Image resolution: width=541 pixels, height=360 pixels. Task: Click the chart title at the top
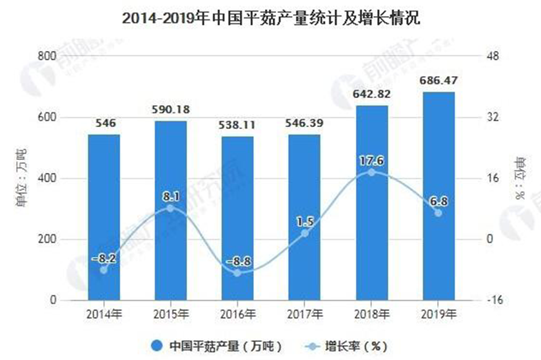(x=271, y=18)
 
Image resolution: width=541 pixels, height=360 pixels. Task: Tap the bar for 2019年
(x=438, y=196)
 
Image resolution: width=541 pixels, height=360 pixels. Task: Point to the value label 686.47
(x=438, y=81)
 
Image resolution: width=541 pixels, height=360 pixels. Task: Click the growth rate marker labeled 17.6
(x=371, y=172)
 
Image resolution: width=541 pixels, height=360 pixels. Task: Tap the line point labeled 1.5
(x=305, y=233)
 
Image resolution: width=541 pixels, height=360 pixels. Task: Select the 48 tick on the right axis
(x=492, y=56)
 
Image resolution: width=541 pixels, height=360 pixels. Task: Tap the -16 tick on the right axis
(x=492, y=301)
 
